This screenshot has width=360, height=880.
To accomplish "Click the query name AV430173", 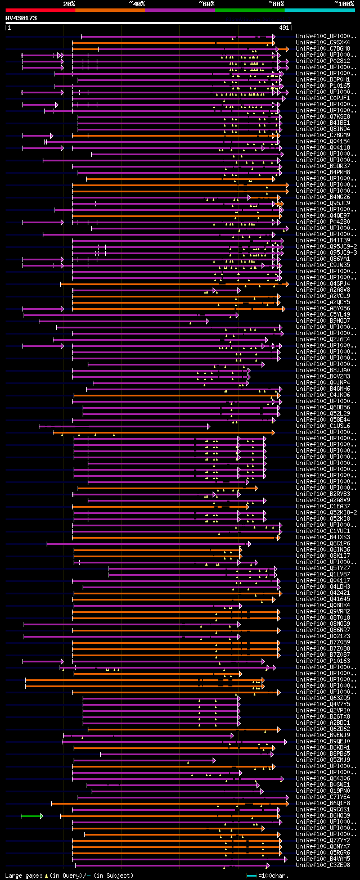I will coord(21,19).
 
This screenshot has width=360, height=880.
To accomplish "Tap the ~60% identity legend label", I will coord(206,4).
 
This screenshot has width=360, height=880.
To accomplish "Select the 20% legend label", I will coord(69,4).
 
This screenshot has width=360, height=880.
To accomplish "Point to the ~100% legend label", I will coord(343,4).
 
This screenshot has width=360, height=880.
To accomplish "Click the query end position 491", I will coord(284,28).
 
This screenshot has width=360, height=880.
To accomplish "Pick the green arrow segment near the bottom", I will coord(31,816).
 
